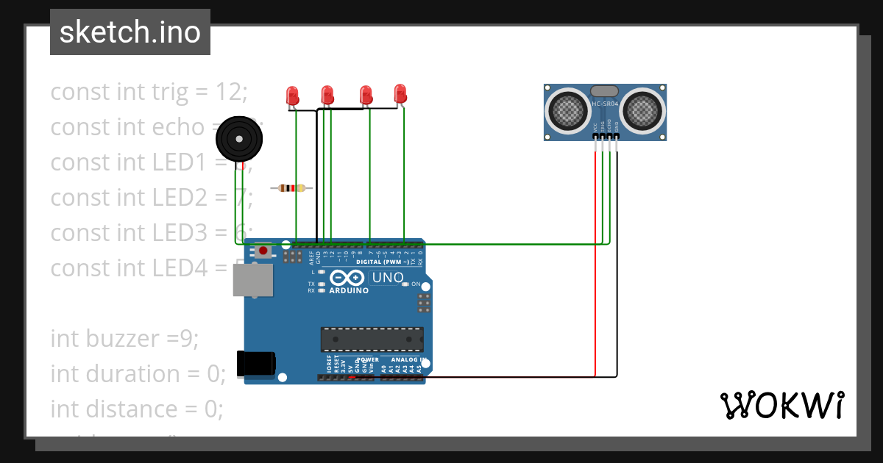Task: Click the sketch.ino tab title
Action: click(x=130, y=32)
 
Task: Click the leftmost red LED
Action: click(x=292, y=96)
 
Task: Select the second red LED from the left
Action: click(x=327, y=95)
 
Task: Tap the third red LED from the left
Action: click(x=365, y=95)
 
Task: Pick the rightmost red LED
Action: click(x=400, y=93)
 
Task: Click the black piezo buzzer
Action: click(x=238, y=138)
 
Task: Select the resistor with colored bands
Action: click(x=292, y=188)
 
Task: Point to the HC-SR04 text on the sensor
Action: click(x=604, y=104)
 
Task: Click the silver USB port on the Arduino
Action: click(x=252, y=280)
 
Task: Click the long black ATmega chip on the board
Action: click(x=372, y=340)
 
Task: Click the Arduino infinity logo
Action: click(x=347, y=278)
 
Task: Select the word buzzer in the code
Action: click(x=124, y=339)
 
